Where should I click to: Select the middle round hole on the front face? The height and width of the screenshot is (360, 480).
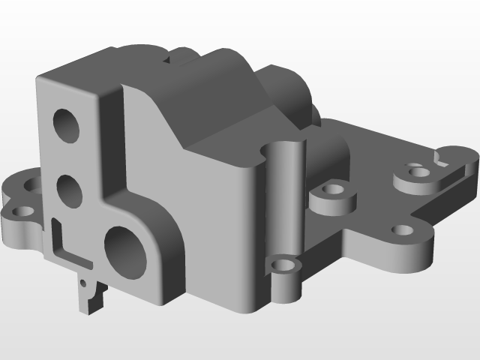click(68, 190)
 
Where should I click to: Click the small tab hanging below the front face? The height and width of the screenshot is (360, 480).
click(90, 295)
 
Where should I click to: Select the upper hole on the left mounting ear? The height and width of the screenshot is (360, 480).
click(33, 183)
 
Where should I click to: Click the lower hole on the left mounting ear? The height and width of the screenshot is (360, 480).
click(20, 211)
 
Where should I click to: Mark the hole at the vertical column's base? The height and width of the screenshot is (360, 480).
click(283, 265)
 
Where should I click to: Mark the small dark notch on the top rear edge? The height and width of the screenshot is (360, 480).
click(180, 53)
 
